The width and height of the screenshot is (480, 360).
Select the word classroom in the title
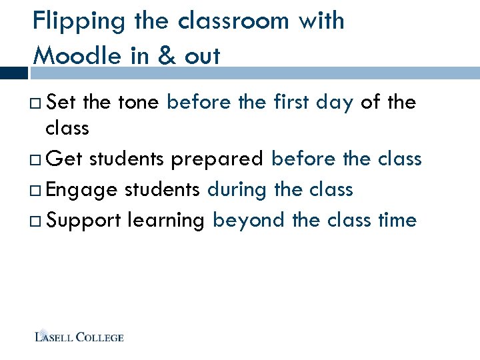click(x=234, y=21)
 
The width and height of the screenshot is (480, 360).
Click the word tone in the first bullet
click(x=138, y=103)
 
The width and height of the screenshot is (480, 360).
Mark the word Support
click(x=84, y=221)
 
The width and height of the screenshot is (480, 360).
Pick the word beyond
click(x=249, y=221)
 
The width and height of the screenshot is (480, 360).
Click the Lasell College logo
click(x=79, y=337)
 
